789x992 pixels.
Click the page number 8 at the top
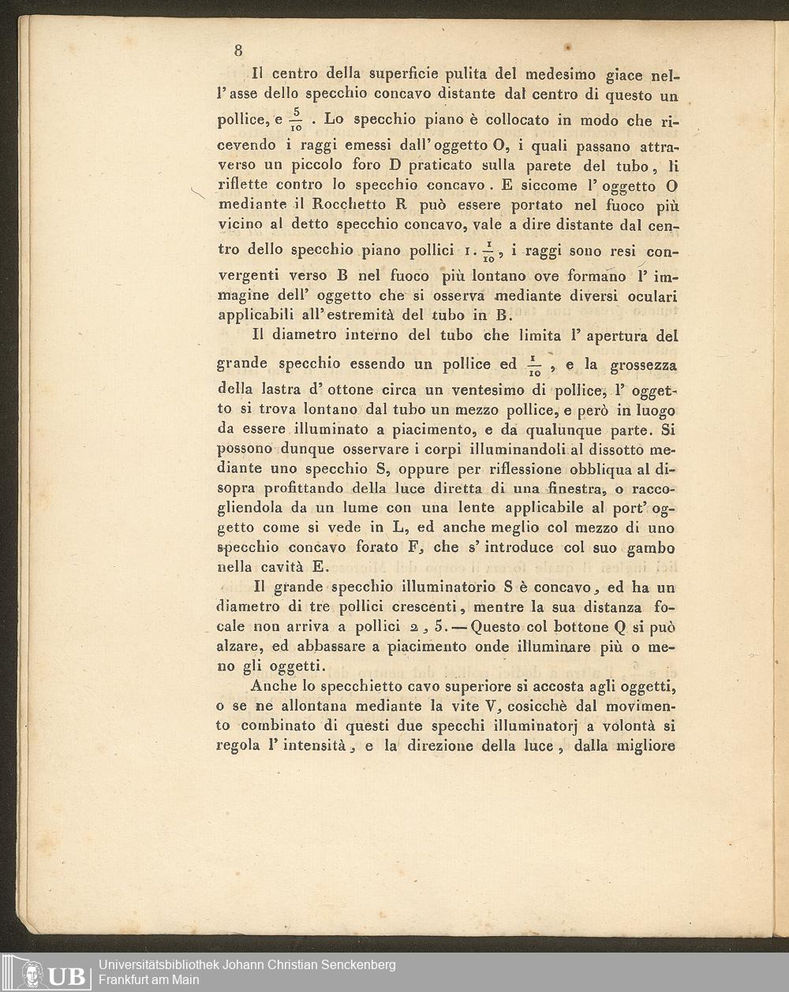click(238, 50)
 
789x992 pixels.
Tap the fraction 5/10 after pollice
click(297, 118)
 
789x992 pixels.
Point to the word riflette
click(242, 185)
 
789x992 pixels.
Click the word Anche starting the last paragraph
click(273, 686)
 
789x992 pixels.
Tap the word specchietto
click(372, 686)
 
